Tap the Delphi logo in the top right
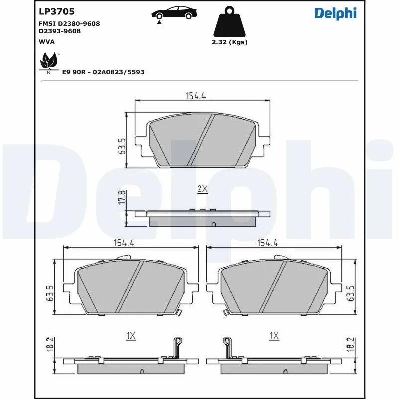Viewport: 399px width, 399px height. click(x=335, y=13)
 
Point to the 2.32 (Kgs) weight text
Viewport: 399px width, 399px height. click(x=230, y=42)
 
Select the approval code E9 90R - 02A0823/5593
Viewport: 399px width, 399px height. click(x=103, y=72)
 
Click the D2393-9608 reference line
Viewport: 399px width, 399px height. click(x=60, y=31)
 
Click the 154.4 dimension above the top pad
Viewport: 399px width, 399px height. click(x=196, y=96)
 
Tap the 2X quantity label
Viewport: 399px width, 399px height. click(x=202, y=189)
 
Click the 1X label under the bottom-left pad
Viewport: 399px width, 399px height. click(x=131, y=336)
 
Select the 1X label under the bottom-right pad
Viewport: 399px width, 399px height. click(x=273, y=336)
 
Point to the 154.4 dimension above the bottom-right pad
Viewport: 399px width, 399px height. click(x=267, y=243)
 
